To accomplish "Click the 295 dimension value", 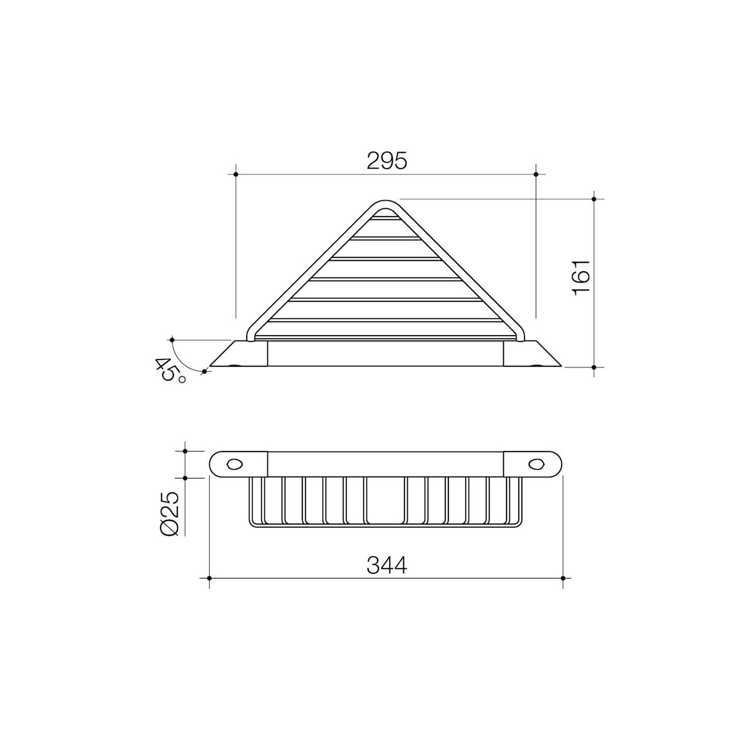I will (387, 161).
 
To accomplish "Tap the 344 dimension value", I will (387, 565).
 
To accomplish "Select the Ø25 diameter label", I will (171, 514).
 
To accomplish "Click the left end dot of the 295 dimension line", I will (235, 174).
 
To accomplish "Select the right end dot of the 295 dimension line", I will (536, 174).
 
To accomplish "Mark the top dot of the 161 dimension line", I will (594, 198).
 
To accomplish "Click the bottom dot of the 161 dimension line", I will (594, 367).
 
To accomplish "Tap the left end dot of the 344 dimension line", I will (209, 578).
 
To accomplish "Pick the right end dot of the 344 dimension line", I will (563, 578).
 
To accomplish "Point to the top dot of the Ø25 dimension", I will (184, 451).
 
